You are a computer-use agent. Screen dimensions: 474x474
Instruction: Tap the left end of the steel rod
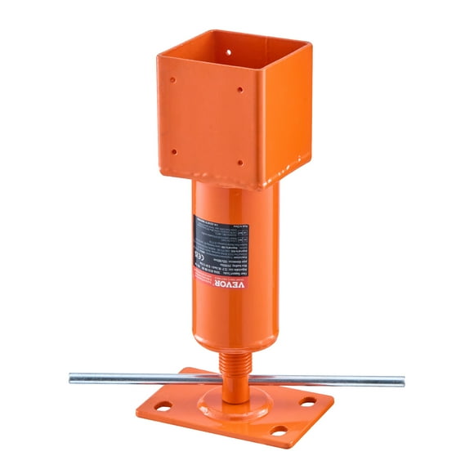(72, 377)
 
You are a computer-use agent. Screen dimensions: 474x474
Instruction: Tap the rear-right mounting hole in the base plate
(306, 401)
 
